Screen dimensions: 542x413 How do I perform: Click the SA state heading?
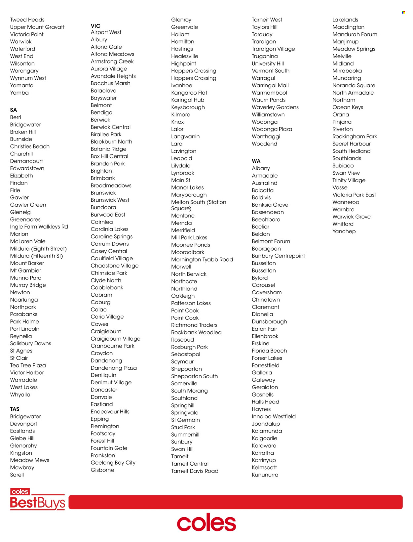[14, 110]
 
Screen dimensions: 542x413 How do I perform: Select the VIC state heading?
[95, 26]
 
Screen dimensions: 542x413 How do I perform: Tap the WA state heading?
[256, 161]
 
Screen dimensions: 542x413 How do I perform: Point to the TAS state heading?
[15, 409]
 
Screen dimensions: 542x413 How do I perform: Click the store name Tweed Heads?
[27, 20]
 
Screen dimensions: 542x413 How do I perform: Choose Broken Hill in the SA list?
[23, 132]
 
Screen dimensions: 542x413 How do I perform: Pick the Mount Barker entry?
[27, 263]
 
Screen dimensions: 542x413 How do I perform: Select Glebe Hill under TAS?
[22, 438]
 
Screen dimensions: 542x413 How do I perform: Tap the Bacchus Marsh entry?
[110, 83]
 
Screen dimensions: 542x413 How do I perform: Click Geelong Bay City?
[113, 463]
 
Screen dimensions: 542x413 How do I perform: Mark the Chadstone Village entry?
[114, 266]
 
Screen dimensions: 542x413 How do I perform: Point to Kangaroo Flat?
[189, 93]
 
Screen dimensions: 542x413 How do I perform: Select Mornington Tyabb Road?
[202, 260]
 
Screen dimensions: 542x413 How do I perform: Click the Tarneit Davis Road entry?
[195, 471]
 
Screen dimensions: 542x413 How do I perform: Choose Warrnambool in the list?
[269, 93]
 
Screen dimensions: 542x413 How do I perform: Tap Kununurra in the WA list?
[265, 475]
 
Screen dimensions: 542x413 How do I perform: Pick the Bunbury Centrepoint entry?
[278, 256]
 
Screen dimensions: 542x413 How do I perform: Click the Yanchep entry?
[344, 231]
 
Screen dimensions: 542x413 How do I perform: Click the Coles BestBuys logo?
[37, 499]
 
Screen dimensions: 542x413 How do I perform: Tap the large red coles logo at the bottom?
[207, 523]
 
